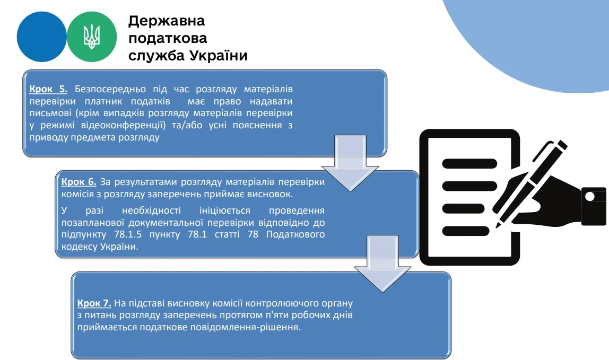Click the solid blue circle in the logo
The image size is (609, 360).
pos(41,37)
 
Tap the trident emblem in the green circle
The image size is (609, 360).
pos(92,37)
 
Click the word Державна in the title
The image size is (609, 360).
pos(166,21)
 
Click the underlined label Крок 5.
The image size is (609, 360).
pos(48,89)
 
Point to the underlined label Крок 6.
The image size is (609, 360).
pos(79,182)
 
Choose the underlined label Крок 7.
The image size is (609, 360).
pos(94,303)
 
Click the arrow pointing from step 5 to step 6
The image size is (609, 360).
pos(350,163)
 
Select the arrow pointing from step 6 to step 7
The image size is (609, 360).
pos(382,264)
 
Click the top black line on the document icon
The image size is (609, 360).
pos(469,163)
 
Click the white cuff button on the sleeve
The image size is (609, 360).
pos(589,197)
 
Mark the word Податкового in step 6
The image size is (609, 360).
pos(295,234)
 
